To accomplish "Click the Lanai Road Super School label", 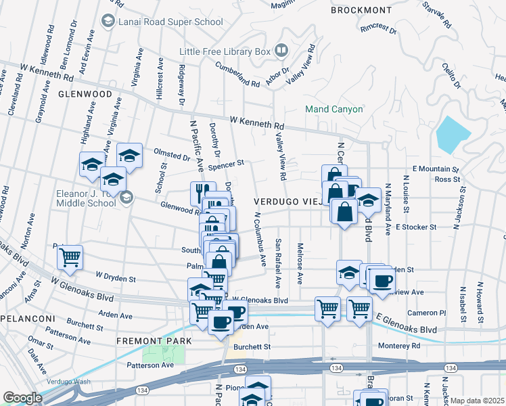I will [170, 22].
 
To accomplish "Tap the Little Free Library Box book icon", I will [282, 51].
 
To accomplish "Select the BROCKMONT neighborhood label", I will [361, 10].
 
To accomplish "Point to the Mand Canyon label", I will [334, 109].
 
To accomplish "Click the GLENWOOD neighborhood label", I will [85, 94].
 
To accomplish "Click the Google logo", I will [22, 398].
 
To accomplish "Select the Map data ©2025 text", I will [478, 401].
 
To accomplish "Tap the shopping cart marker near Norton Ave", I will [70, 257].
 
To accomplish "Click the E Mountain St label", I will [435, 168].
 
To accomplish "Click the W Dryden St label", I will [116, 277].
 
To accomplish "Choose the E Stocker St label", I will [417, 227].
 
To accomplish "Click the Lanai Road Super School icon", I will [107, 22].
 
